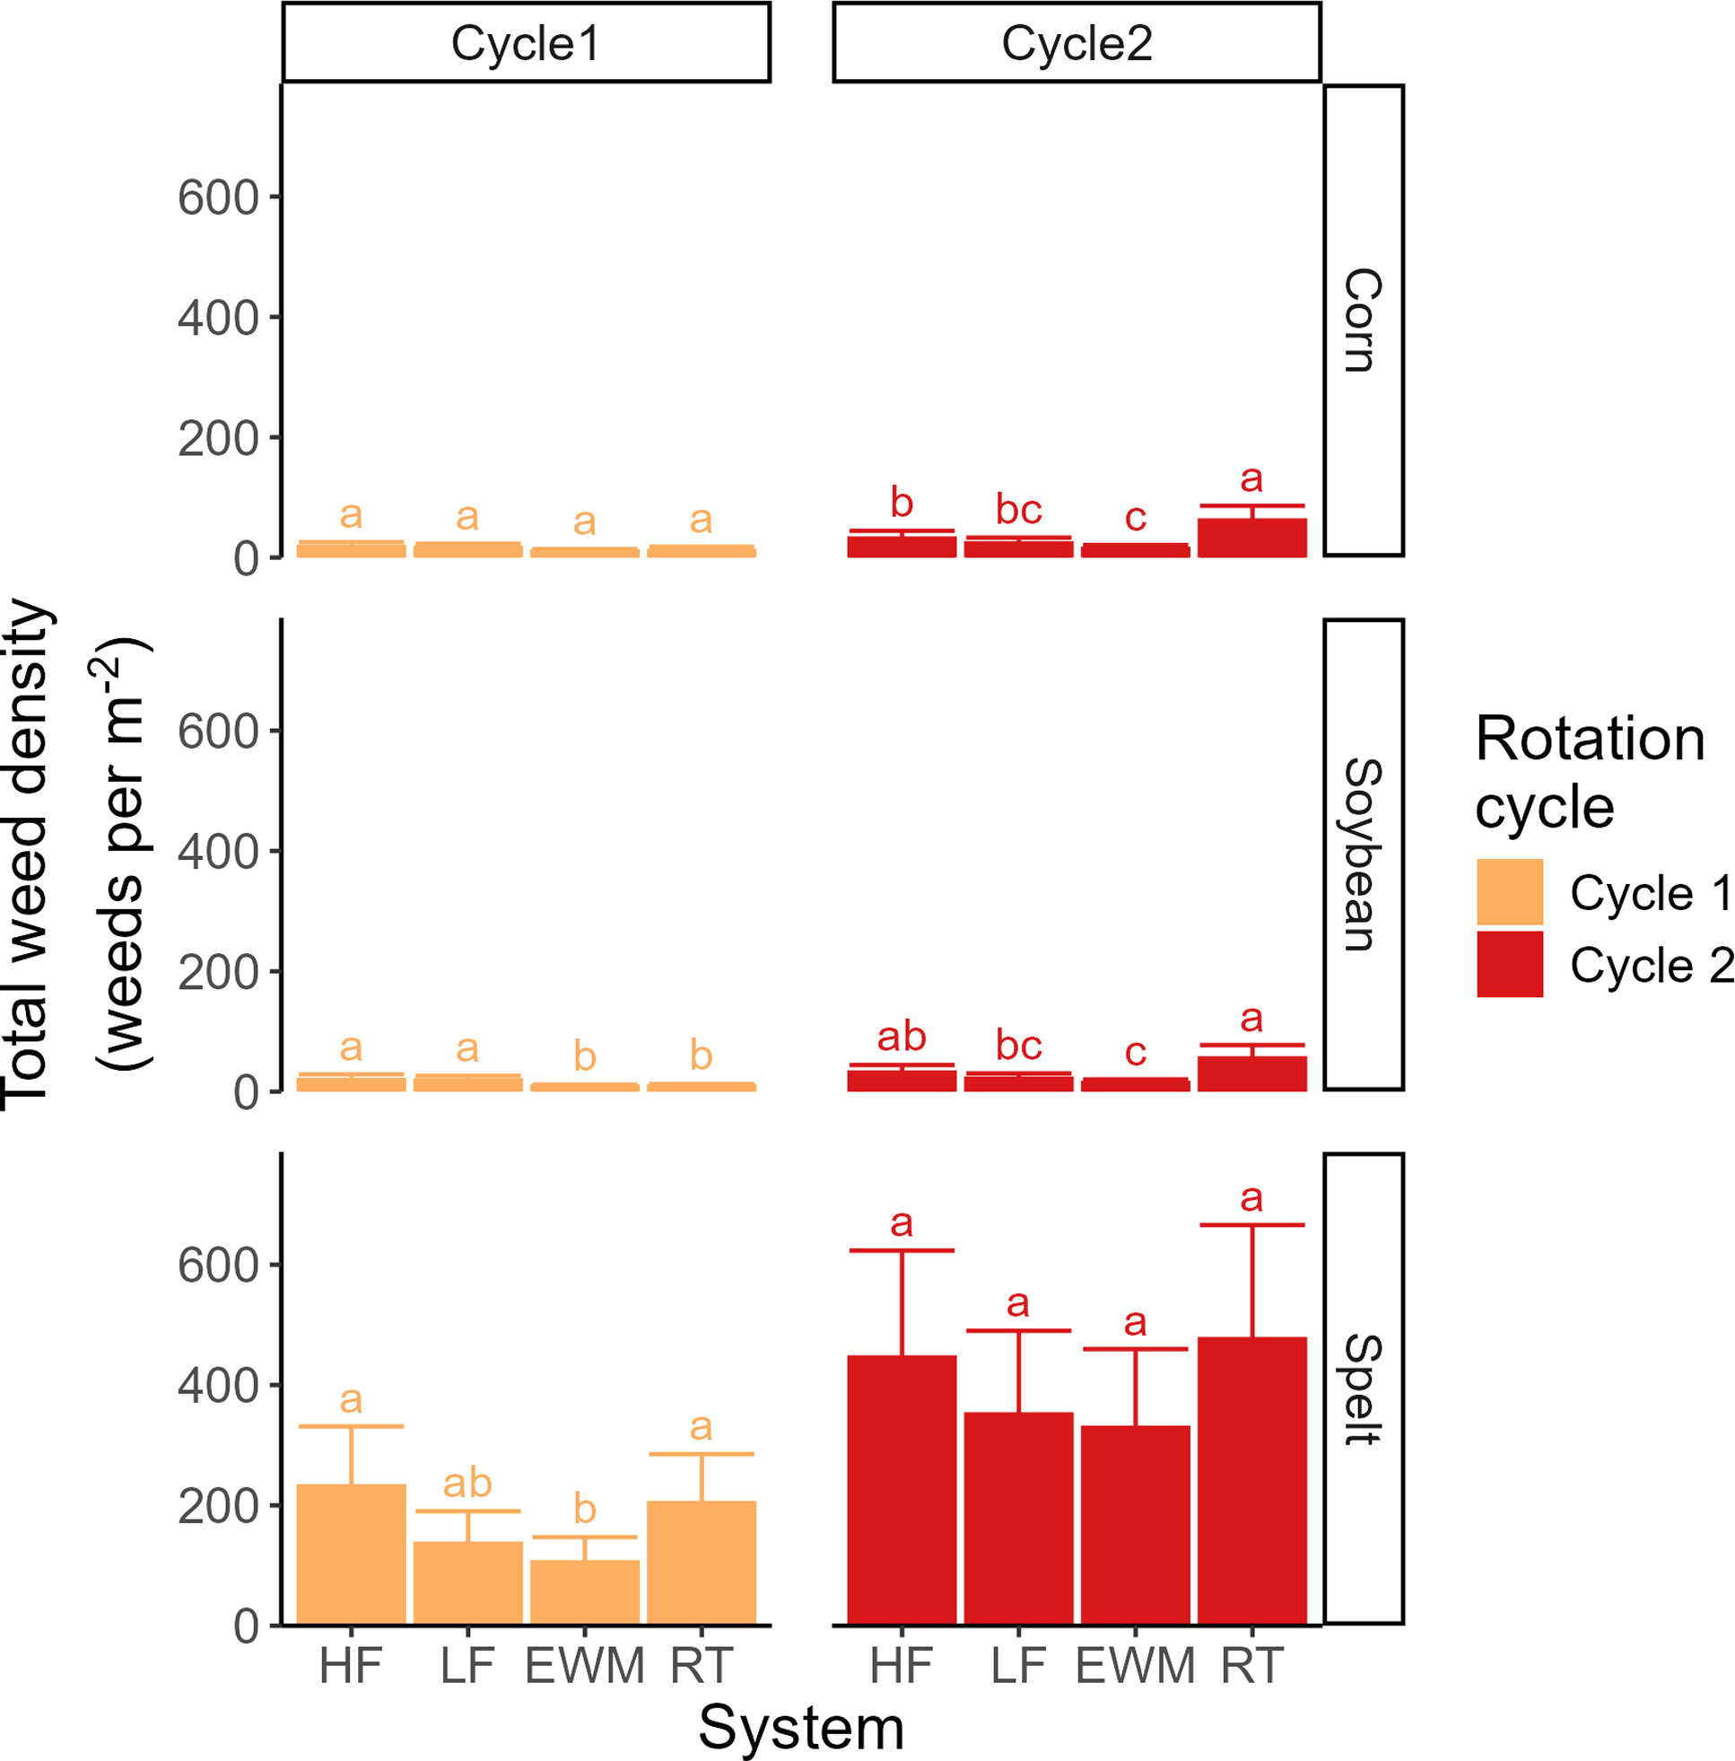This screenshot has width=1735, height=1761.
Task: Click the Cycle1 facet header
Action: point(526,43)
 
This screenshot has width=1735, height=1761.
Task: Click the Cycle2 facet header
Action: point(1077,43)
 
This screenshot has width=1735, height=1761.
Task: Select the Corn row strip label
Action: point(1363,320)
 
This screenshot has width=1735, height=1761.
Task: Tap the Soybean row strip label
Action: point(1363,854)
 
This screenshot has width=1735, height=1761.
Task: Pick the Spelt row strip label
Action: point(1363,1389)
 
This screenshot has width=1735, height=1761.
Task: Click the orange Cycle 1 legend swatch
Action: point(1509,891)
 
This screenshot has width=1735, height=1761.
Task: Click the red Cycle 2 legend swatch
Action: point(1509,963)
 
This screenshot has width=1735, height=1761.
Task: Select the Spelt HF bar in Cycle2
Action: point(902,1489)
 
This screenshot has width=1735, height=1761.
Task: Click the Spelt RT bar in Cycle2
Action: point(1251,1480)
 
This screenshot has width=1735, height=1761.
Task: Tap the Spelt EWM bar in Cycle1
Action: point(584,1591)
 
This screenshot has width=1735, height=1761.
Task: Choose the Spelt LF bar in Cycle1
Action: point(467,1582)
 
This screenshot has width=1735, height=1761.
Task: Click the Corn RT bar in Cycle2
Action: point(1251,538)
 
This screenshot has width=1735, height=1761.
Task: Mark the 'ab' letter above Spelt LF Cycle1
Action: point(467,1483)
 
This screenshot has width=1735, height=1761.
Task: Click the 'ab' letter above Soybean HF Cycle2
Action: point(902,1037)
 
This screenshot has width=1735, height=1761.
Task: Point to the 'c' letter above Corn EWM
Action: point(1135,518)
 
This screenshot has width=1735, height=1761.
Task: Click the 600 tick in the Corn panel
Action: point(219,197)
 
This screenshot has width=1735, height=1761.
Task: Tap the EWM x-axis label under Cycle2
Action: point(1135,1666)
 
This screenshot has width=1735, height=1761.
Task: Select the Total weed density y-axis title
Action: point(27,854)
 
